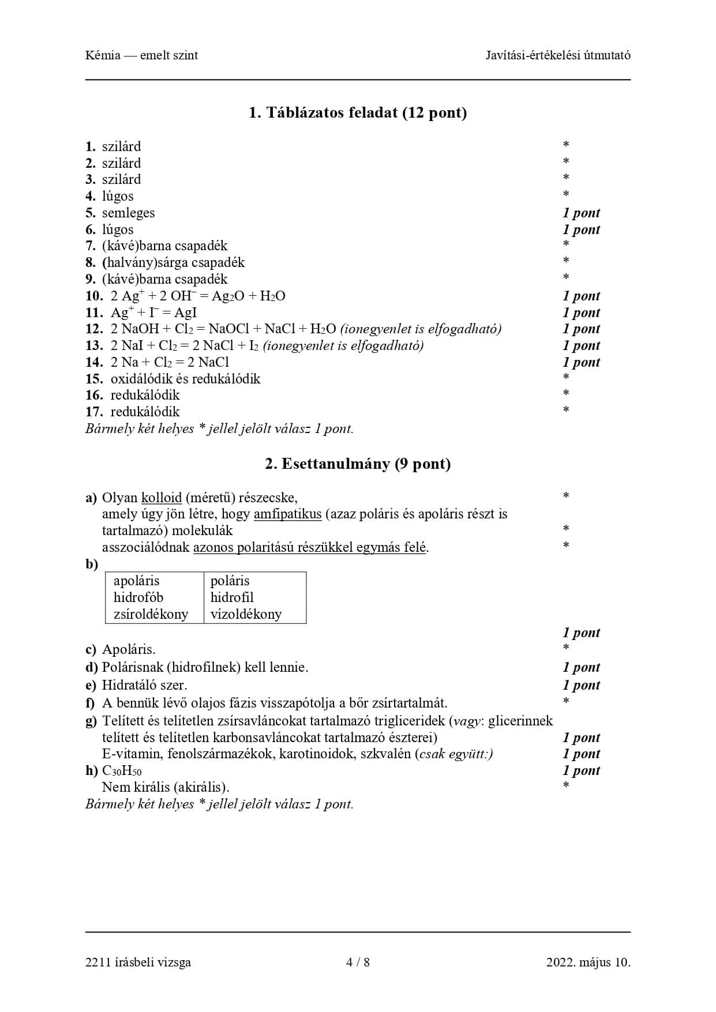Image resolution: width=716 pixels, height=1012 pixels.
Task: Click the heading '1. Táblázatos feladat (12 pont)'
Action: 358,112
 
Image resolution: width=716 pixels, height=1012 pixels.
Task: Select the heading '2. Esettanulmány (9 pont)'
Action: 358,464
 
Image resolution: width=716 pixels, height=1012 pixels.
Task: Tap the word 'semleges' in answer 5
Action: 128,213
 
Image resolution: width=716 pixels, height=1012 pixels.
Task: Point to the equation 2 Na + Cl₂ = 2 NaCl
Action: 170,362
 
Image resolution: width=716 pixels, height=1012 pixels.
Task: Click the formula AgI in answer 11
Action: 186,313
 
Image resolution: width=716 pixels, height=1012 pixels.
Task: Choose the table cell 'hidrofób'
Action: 138,597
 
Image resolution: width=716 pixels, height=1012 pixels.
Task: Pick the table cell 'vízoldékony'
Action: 246,614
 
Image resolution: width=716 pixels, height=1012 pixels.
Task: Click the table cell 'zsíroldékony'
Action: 151,614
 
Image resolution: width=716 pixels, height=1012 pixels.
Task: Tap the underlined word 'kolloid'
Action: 162,498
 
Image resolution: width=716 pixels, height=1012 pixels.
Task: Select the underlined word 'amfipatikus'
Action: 287,514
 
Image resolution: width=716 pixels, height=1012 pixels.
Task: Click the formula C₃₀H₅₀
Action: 122,771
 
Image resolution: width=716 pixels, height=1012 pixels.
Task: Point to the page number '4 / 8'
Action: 358,962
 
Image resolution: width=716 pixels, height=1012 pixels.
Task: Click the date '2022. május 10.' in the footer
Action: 588,962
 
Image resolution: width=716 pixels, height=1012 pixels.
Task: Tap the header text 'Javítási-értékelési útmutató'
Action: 558,55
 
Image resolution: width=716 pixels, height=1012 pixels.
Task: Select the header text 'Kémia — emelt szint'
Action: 141,55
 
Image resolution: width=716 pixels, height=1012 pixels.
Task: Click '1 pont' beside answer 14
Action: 581,362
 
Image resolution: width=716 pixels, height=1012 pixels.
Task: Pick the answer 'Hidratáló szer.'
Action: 144,685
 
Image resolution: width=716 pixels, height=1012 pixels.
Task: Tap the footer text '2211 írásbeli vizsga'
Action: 138,962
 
